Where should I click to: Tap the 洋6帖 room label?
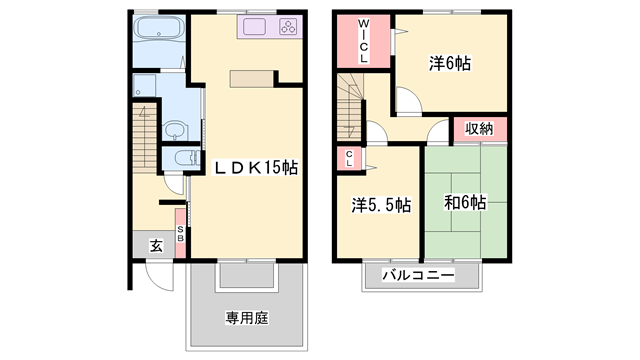point(450,63)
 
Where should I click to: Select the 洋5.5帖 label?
point(380,205)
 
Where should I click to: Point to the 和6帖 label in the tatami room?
point(465,202)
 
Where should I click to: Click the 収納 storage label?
point(479,128)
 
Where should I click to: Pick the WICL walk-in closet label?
point(363,40)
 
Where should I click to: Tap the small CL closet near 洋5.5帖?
point(350,157)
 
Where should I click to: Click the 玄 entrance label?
point(155,244)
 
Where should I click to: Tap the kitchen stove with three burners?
point(286,29)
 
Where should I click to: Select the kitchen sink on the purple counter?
point(253,29)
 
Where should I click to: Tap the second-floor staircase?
point(351,105)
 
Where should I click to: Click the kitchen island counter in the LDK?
point(256,80)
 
